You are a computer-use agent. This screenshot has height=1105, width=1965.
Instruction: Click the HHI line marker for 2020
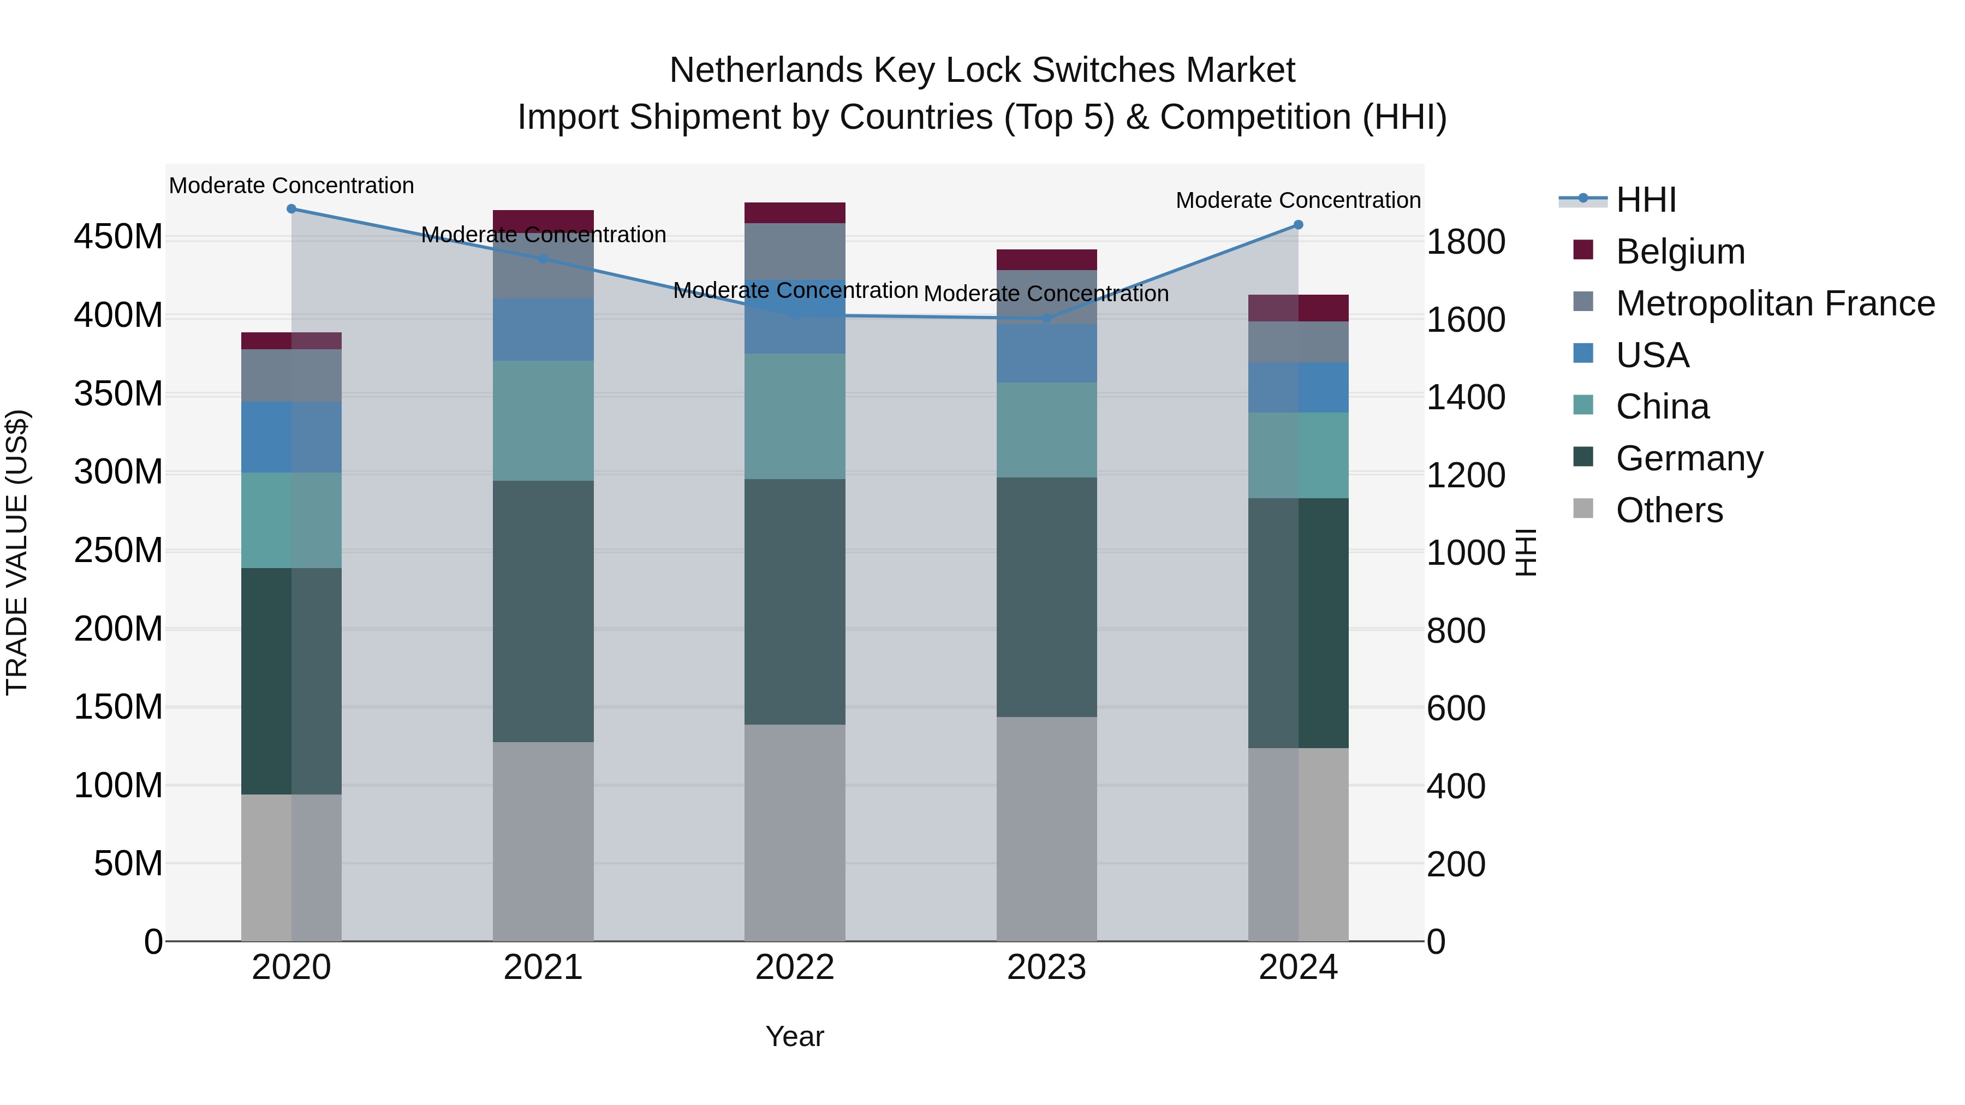(291, 209)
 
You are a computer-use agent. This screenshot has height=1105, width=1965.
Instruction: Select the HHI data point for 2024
(1299, 225)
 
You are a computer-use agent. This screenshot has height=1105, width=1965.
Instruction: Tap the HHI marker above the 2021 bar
(543, 259)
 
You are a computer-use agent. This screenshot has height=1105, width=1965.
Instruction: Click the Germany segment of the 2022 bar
(795, 602)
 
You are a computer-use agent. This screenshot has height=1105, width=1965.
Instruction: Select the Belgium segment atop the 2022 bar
(795, 213)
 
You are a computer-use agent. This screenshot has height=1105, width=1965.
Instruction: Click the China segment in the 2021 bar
(543, 420)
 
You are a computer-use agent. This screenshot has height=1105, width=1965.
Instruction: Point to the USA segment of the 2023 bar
(1046, 354)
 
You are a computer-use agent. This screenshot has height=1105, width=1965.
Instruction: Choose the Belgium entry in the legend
(1680, 252)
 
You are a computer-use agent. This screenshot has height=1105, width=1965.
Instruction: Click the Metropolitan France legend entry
(1775, 303)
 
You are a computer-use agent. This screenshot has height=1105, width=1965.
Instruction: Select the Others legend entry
(1669, 510)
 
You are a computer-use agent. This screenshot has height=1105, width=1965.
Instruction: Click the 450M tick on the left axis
(118, 237)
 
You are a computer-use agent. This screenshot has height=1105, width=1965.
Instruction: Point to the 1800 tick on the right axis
(1466, 242)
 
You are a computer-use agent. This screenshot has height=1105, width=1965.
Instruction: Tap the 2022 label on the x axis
(795, 967)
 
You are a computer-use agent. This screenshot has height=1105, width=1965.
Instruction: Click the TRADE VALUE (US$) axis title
(17, 552)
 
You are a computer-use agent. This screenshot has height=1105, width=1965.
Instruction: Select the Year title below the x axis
(795, 1036)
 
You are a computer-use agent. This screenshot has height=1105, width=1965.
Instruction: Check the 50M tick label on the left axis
(128, 864)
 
